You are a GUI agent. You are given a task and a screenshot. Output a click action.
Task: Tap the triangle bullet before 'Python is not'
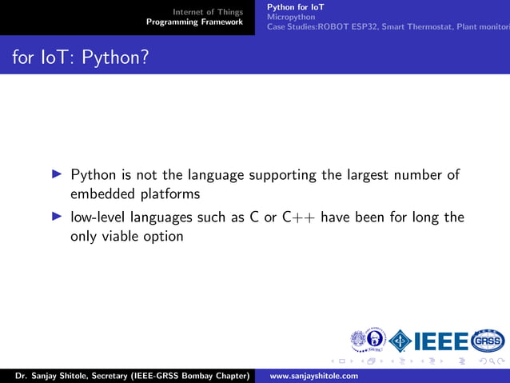click(x=56, y=174)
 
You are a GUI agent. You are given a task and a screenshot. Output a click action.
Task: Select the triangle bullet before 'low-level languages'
click(x=56, y=217)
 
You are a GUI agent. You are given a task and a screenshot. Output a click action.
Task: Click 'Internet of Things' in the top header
click(x=208, y=12)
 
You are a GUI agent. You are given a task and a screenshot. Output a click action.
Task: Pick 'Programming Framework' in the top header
click(x=194, y=22)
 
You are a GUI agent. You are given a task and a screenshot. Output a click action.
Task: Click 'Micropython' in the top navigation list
click(x=291, y=17)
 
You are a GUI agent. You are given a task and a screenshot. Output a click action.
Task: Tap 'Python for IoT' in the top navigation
click(x=296, y=7)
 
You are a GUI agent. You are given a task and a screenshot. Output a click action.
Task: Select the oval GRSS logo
click(x=488, y=341)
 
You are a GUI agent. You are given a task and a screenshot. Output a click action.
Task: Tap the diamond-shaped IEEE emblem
click(x=400, y=341)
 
